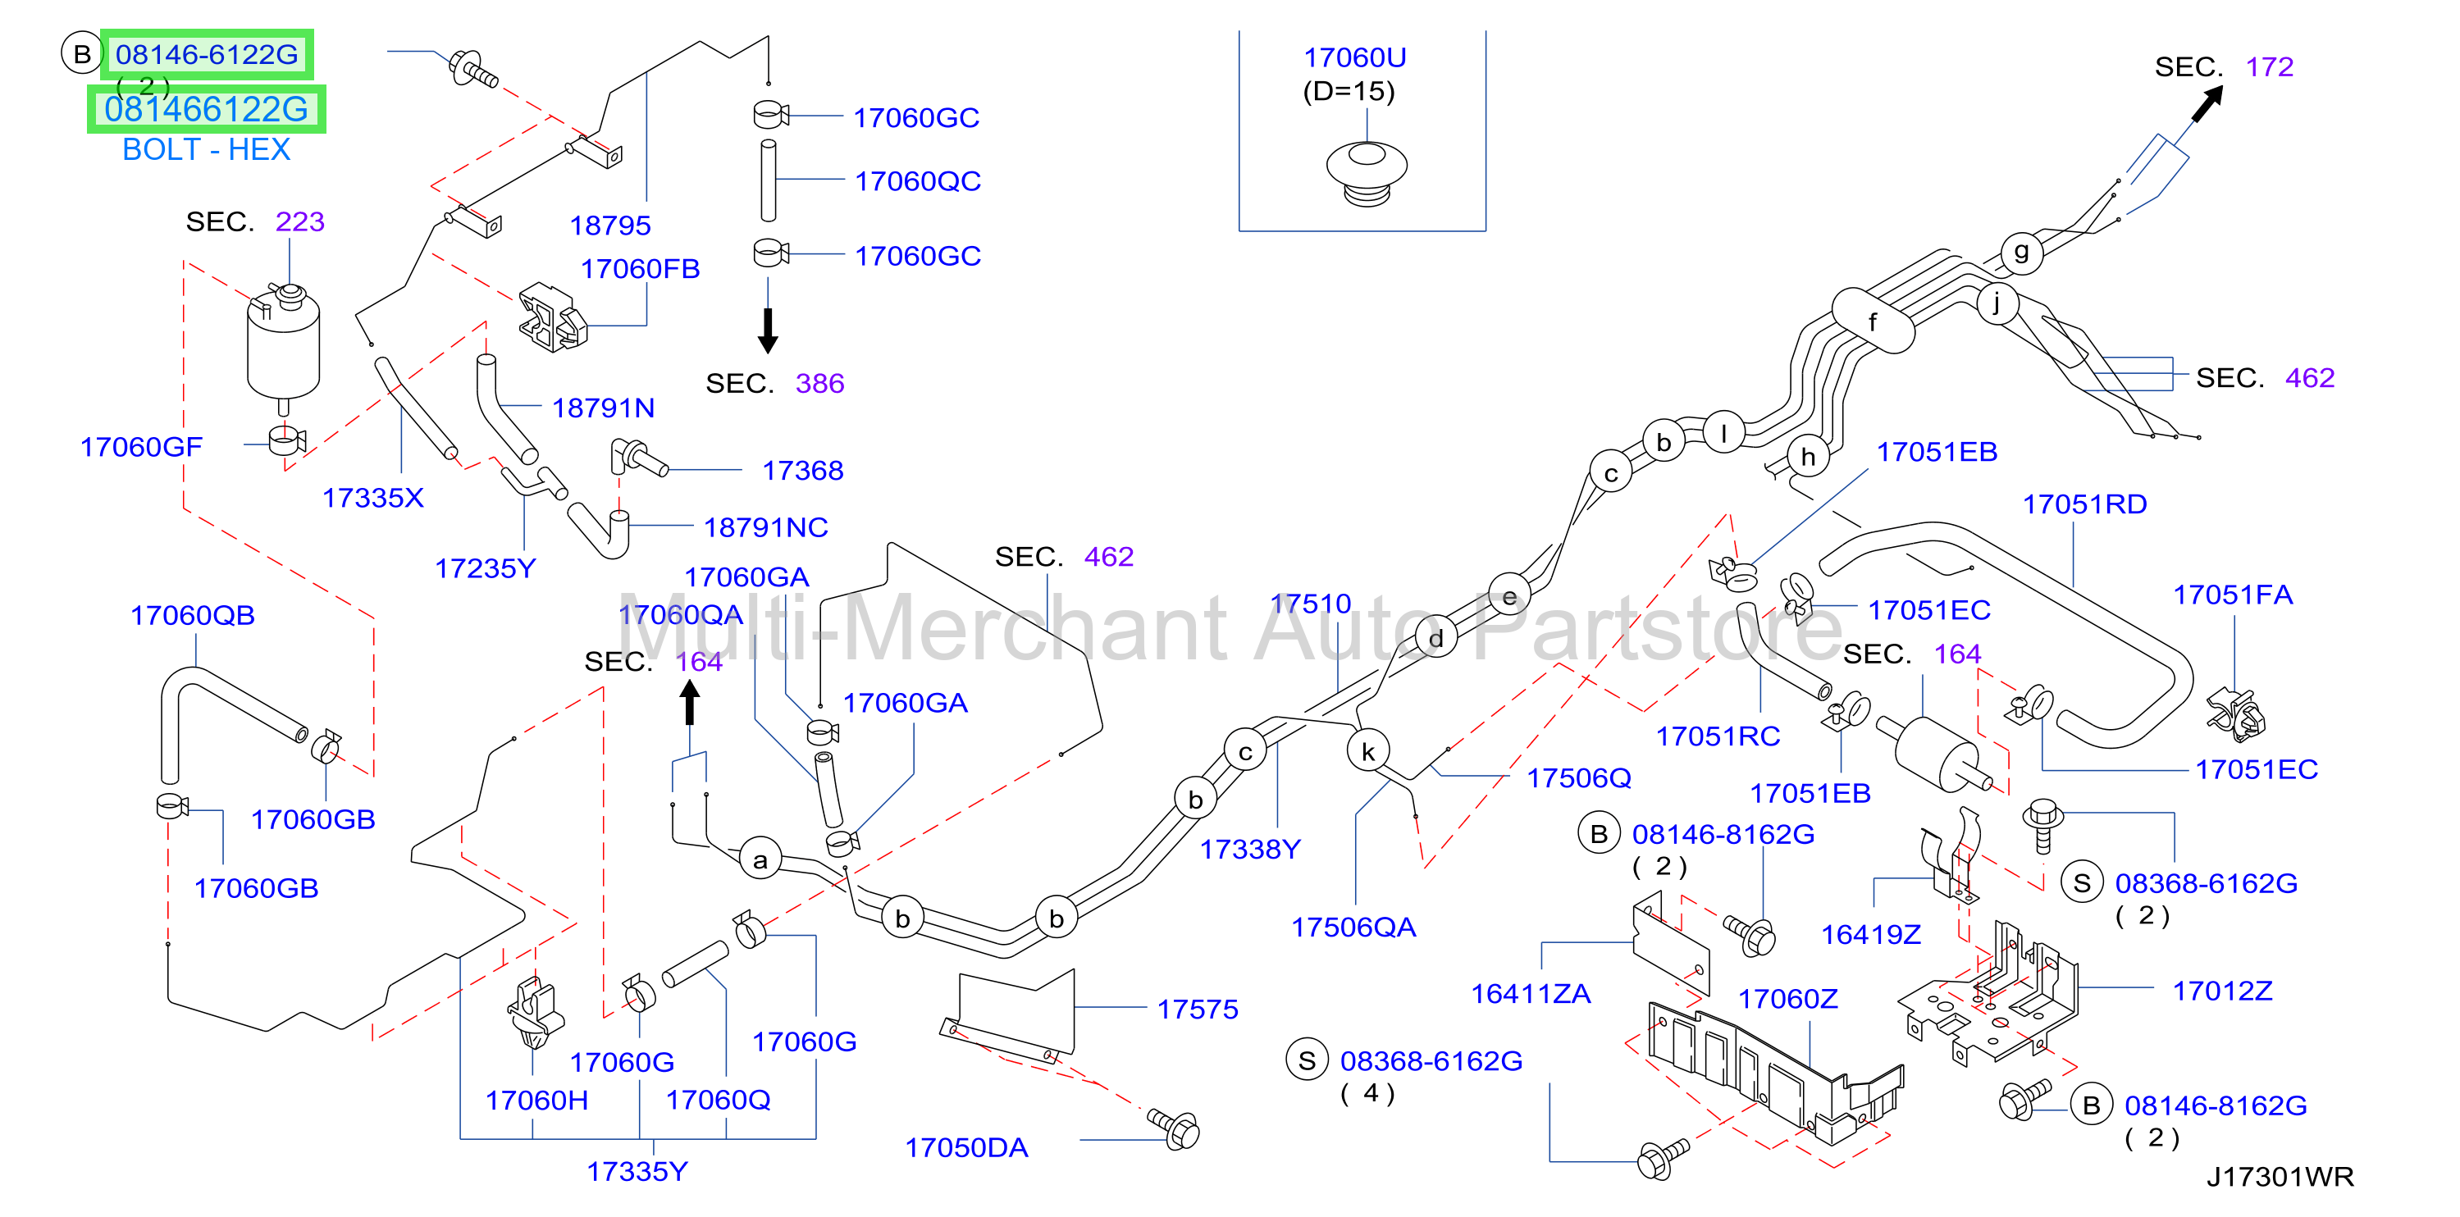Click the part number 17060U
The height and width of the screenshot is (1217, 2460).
pos(1354,58)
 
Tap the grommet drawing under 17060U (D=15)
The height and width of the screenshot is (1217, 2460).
pos(1367,174)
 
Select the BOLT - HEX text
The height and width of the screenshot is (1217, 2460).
pos(206,150)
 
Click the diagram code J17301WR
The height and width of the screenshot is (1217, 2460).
pos(2280,1176)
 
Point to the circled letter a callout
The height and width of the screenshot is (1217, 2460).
pos(760,859)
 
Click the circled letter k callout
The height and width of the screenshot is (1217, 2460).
pos(1367,752)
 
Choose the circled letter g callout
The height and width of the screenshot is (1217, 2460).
pos(2020,252)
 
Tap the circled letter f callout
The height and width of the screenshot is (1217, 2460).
pos(1873,321)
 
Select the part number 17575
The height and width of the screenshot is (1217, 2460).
pos(1198,1009)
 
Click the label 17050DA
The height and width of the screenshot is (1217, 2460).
pos(966,1147)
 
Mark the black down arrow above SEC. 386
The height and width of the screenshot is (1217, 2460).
pos(768,330)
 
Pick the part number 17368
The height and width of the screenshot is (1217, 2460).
pos(802,470)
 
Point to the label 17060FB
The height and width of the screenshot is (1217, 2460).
pos(640,269)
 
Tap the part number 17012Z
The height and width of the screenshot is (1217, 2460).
pos(2222,991)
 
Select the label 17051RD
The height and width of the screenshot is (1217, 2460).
pos(2084,504)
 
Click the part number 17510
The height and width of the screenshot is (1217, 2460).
pos(1310,604)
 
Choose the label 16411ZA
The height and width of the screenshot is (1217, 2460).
pos(1530,994)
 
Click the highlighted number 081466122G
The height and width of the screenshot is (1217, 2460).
pos(206,109)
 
